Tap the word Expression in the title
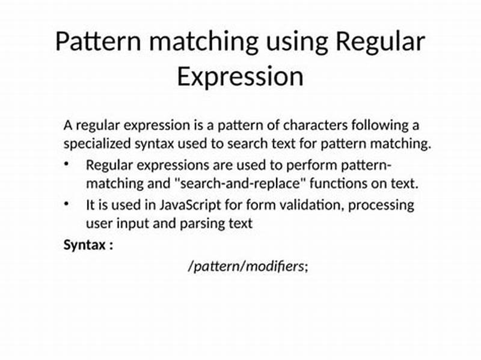(240, 77)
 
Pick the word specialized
(96, 144)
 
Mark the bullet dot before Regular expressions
(67, 164)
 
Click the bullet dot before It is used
(67, 204)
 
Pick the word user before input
(99, 224)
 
